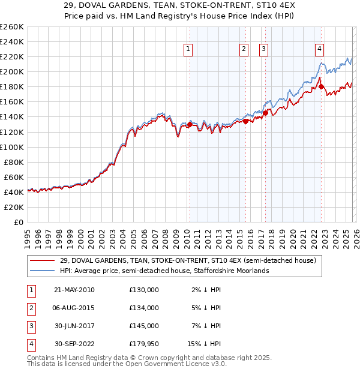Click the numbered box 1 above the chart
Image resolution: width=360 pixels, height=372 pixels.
[x=188, y=49]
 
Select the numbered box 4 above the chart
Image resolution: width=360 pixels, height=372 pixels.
[x=320, y=49]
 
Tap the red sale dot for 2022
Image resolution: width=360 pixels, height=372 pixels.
[x=322, y=86]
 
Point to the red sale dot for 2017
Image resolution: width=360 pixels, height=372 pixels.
[x=265, y=112]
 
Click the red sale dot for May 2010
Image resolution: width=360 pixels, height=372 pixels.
[x=190, y=124]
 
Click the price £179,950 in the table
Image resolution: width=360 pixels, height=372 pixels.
[x=144, y=344]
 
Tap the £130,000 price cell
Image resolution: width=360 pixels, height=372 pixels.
[x=144, y=290]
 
